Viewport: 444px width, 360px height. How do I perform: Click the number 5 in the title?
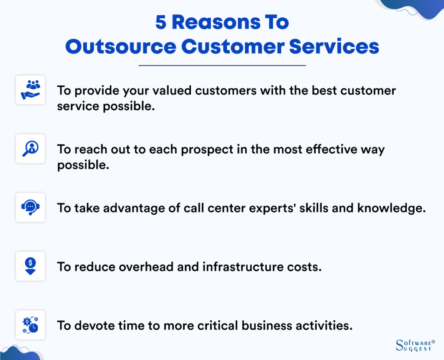pos(161,23)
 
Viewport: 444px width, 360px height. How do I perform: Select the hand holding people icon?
pos(30,90)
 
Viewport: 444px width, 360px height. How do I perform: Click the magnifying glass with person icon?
pos(30,149)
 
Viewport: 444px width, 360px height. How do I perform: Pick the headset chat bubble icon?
pos(30,207)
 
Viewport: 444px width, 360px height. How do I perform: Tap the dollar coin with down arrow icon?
pos(30,266)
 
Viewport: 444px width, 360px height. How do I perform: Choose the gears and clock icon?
pos(30,325)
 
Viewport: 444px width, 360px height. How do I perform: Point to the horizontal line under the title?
pos(222,65)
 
